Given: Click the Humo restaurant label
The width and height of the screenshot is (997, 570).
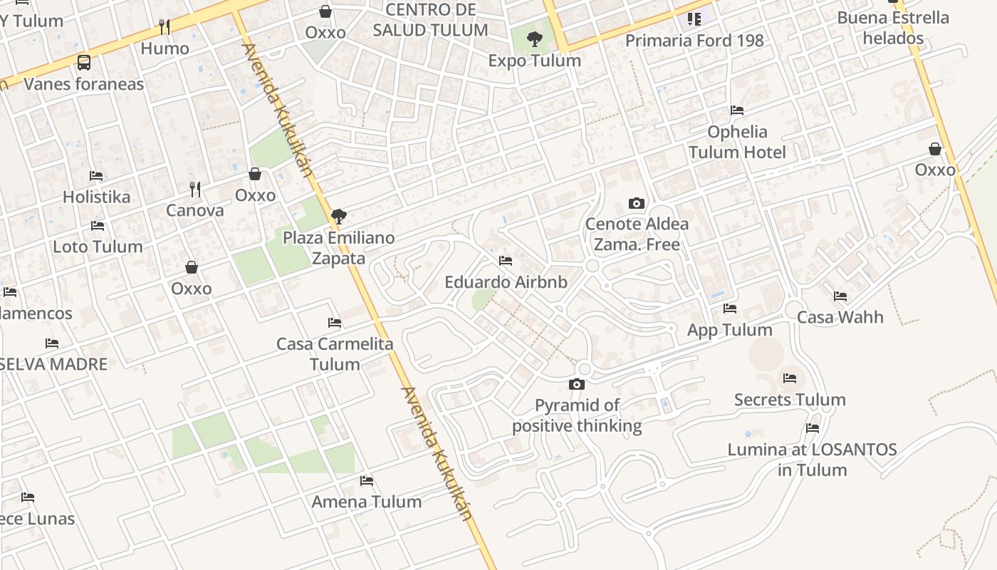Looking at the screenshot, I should [x=165, y=48].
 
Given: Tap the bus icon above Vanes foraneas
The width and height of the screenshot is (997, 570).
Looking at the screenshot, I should [x=84, y=63].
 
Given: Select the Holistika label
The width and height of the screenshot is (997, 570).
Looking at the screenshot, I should [x=96, y=197].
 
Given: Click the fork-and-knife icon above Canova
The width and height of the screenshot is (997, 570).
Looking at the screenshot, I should [x=195, y=190].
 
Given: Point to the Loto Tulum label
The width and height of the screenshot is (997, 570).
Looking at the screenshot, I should [x=98, y=247].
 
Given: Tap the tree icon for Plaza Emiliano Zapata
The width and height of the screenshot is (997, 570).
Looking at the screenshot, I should [x=339, y=217].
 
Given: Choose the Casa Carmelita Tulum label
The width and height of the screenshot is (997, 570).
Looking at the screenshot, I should [x=335, y=354].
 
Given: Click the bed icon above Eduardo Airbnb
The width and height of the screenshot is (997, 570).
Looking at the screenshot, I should [x=506, y=261].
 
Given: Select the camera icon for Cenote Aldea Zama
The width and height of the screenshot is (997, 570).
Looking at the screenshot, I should [x=637, y=204].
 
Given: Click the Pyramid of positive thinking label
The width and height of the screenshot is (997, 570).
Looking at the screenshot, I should [x=577, y=415].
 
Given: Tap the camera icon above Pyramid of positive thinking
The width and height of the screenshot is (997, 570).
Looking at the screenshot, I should [x=577, y=385].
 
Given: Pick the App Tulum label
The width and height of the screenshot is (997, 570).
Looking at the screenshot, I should [x=729, y=330].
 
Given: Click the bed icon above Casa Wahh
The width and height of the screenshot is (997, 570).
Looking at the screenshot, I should [x=840, y=296].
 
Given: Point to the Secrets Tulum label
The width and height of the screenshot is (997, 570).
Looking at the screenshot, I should [x=790, y=400].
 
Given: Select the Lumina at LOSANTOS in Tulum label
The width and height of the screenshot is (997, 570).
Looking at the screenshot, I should [x=812, y=460].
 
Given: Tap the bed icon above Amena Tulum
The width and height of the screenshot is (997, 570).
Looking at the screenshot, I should [x=367, y=481].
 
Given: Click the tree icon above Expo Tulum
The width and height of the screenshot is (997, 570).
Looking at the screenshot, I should [x=534, y=40].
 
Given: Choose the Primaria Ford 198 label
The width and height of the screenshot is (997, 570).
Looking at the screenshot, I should [x=694, y=41].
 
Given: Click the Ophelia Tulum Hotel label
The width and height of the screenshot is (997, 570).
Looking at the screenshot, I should [x=737, y=142].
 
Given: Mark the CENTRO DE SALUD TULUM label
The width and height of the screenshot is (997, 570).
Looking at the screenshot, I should [x=430, y=20].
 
